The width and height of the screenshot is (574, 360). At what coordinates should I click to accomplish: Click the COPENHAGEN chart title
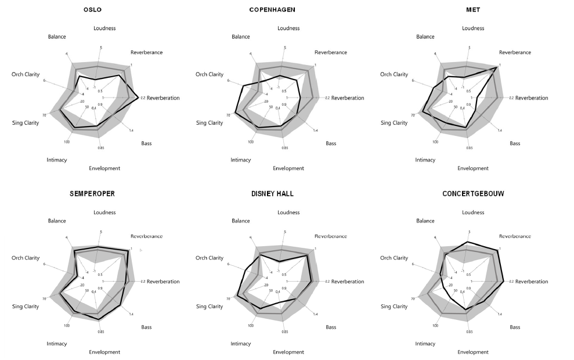[280, 10]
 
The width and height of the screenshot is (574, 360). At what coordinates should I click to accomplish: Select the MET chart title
[472, 10]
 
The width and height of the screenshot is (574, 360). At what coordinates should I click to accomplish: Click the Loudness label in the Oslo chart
[104, 28]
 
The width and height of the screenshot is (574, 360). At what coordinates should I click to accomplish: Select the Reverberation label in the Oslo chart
[163, 98]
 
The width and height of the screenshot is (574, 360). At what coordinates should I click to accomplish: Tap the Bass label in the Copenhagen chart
[331, 143]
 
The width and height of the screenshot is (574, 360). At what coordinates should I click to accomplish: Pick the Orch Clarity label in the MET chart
[395, 74]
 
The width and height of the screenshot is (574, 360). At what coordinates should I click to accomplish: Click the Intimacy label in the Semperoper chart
[57, 344]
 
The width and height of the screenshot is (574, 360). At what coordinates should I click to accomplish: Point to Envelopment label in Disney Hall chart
[288, 352]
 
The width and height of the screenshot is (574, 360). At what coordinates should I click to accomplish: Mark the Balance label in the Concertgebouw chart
[425, 221]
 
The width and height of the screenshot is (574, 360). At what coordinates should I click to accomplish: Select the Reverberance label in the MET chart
[515, 52]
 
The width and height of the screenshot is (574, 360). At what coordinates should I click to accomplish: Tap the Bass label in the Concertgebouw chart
[515, 327]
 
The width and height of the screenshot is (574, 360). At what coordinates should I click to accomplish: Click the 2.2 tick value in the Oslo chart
[143, 98]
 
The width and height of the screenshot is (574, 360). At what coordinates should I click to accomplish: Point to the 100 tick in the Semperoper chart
[67, 325]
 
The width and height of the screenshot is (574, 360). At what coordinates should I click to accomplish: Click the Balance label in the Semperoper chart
[57, 221]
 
